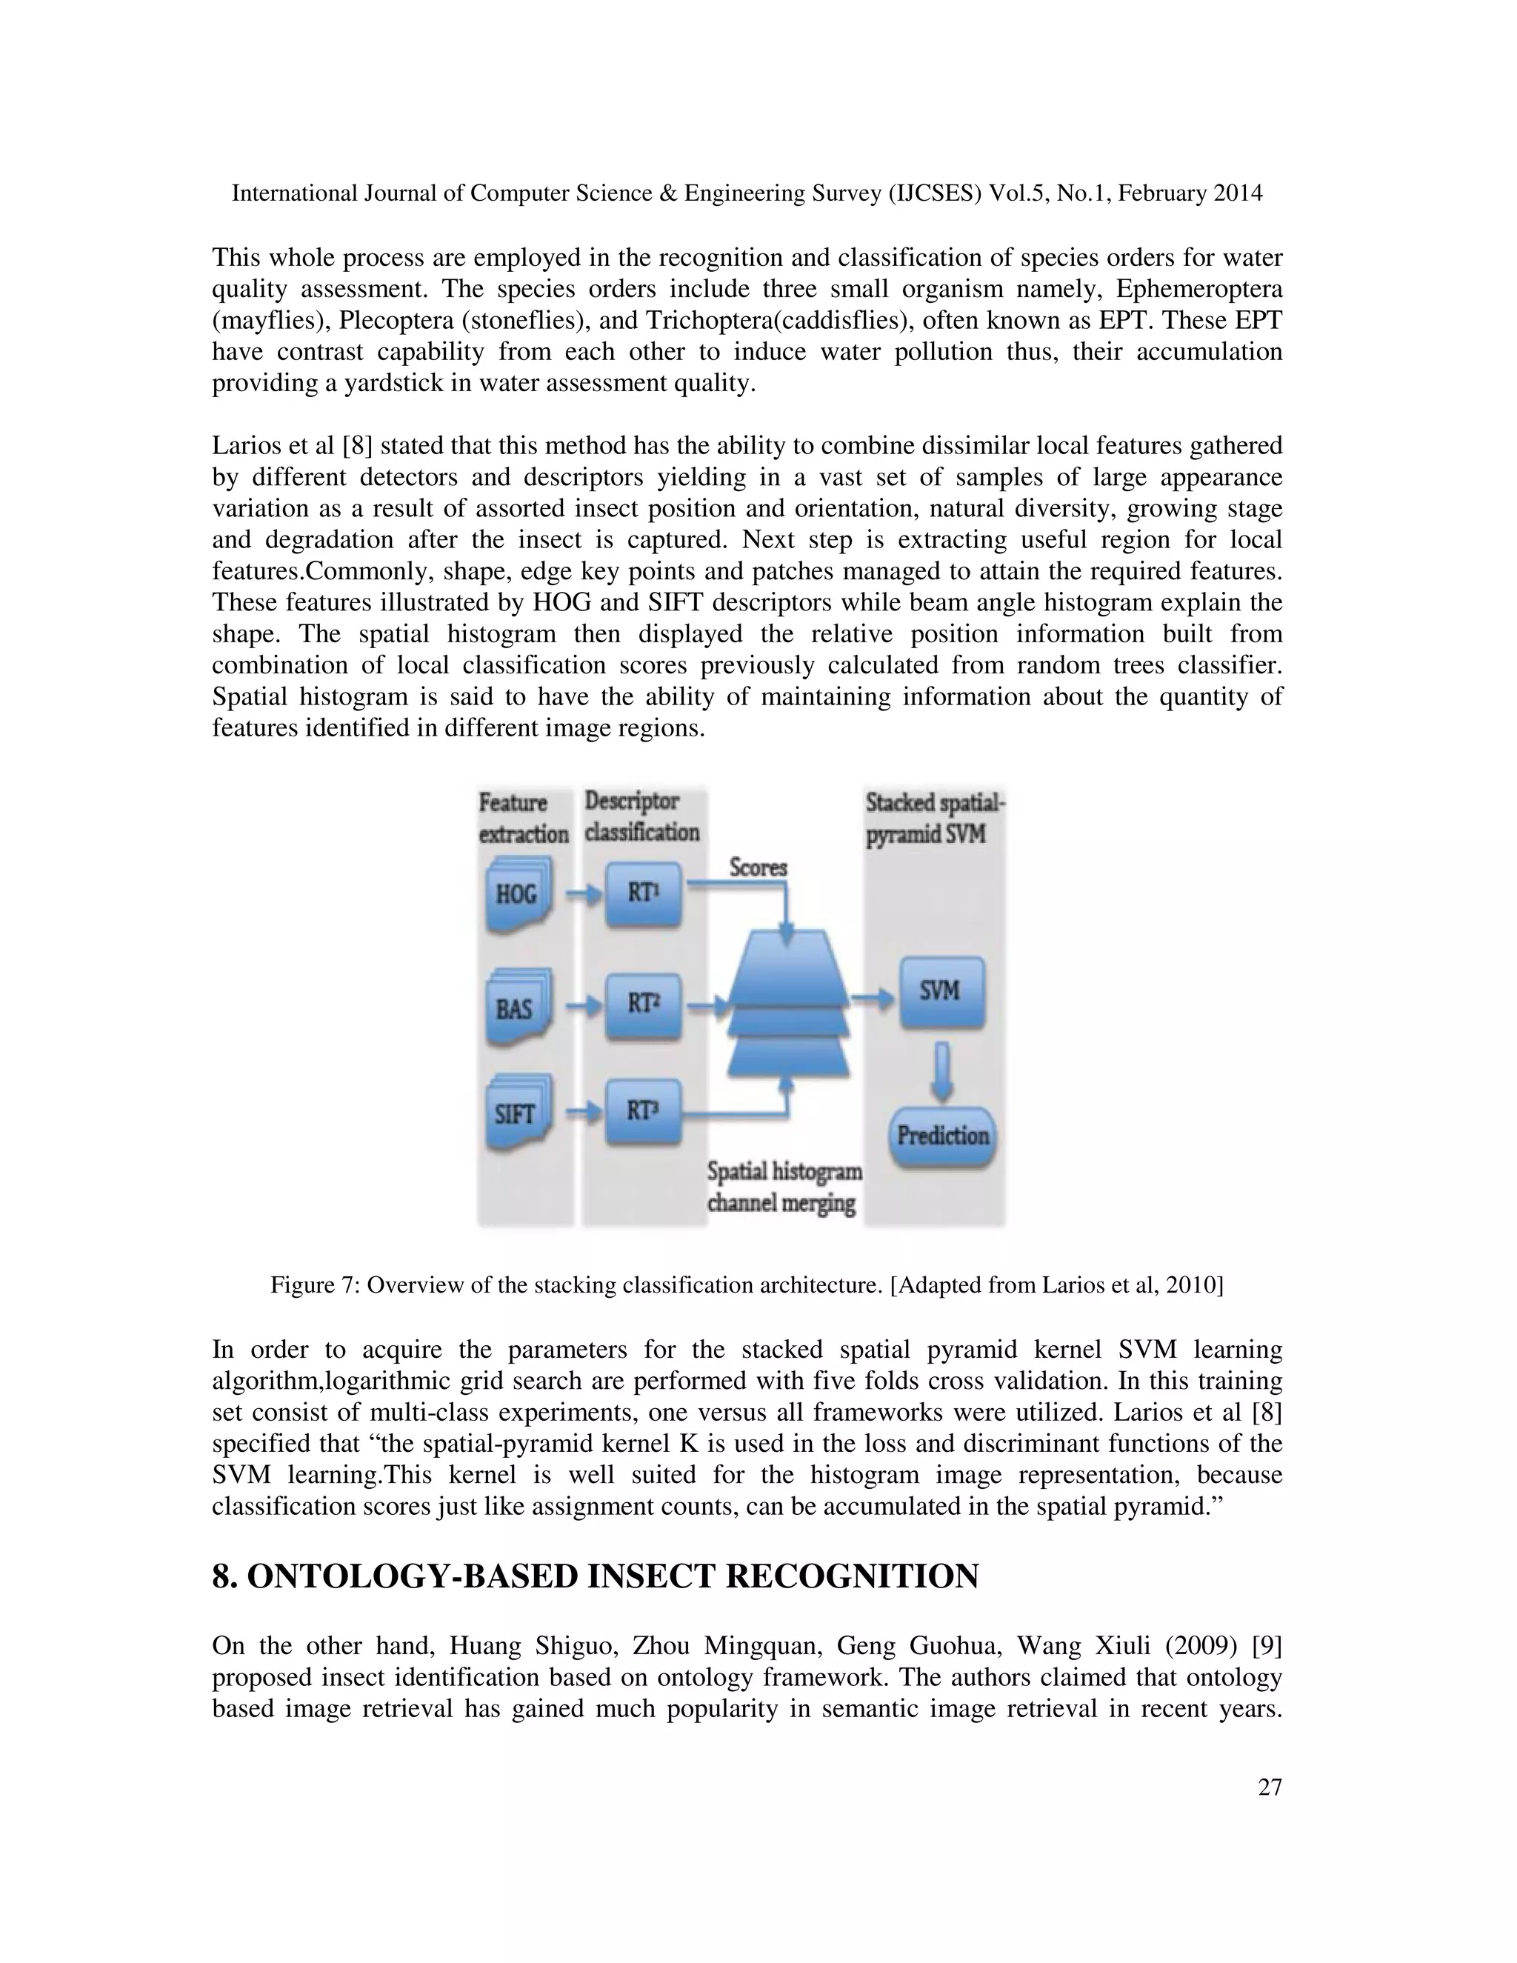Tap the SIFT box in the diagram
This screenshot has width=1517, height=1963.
(516, 1115)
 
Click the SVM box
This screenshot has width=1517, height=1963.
(941, 993)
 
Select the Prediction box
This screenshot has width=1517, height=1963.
(943, 1136)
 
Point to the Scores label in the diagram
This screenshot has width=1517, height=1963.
(758, 867)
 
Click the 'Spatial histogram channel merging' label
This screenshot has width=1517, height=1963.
(784, 1187)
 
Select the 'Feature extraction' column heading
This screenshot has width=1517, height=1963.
(523, 818)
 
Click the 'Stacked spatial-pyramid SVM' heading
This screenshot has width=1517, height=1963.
(935, 818)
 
